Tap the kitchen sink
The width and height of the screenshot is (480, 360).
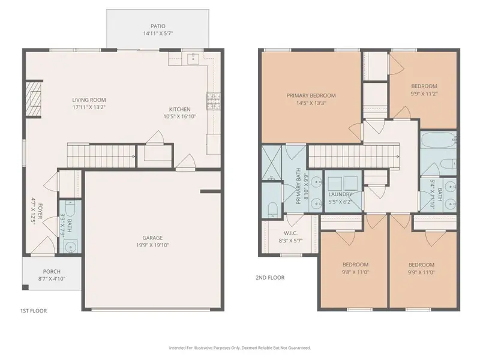193,58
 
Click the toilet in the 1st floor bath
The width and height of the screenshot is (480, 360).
68,211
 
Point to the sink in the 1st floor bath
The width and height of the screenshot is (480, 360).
71,246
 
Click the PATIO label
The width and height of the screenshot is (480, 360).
158,26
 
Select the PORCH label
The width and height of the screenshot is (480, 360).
51,271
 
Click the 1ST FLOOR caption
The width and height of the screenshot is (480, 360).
33,311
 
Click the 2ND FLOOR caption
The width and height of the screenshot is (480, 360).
269,278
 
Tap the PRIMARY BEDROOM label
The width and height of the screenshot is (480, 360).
311,95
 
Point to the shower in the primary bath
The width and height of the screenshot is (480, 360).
272,163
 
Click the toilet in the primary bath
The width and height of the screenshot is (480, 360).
272,209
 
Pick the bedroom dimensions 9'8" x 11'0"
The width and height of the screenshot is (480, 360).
355,272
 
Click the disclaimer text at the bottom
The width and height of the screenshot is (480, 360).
240,347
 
